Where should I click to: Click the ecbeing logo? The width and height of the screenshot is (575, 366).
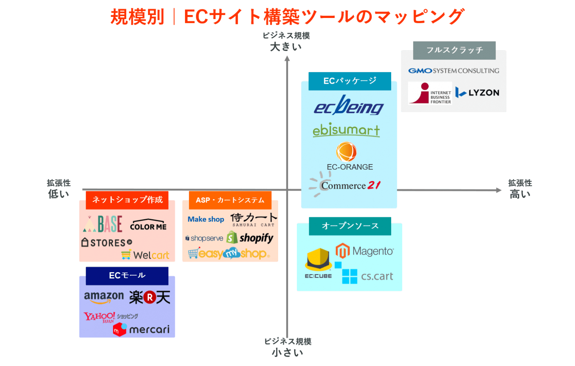coord(349,106)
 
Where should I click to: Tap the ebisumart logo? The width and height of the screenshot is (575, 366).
coord(346,130)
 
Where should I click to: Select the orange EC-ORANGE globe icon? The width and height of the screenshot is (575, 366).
coord(346,151)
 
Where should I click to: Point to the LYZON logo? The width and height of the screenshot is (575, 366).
coord(477,92)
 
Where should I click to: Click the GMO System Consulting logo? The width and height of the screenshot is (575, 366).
coord(453,71)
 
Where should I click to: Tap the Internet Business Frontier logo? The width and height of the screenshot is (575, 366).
coord(430,93)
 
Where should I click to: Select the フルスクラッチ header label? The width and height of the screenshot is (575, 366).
coord(454,50)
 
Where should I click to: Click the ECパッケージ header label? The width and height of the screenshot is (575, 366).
coord(350,81)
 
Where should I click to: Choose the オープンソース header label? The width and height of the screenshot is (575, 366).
coord(350,226)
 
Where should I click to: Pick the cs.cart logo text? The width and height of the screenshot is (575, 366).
coord(377,276)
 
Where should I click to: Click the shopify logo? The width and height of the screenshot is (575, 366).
coord(250,238)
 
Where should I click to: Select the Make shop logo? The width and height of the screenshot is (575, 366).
coord(206,219)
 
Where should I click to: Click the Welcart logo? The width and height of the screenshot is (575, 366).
coord(146,255)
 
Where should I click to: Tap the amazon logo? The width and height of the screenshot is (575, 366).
coord(104,297)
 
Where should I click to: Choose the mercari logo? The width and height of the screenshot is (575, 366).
coord(141,329)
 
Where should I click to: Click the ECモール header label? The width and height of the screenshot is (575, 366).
coord(127,276)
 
